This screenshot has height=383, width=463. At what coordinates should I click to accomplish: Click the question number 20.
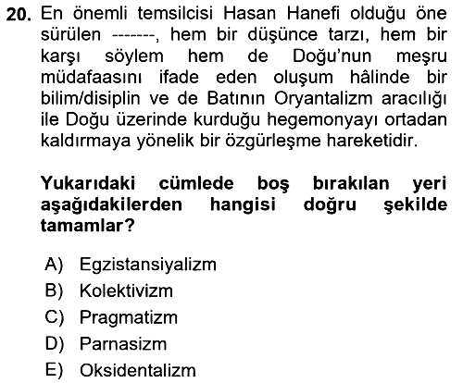click(19, 15)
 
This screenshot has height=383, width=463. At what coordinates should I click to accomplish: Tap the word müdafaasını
click(92, 78)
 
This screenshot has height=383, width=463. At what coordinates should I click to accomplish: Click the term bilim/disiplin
click(91, 99)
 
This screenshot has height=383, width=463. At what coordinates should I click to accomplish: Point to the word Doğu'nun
click(332, 56)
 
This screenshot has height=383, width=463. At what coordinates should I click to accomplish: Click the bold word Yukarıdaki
click(88, 183)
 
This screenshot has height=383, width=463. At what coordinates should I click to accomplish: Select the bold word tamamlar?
click(88, 227)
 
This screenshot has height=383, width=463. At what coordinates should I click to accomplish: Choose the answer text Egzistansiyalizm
click(148, 266)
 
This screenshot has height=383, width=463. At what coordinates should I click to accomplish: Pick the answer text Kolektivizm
click(126, 290)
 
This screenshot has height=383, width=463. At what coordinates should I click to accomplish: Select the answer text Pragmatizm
click(129, 318)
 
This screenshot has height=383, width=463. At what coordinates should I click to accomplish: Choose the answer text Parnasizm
click(123, 344)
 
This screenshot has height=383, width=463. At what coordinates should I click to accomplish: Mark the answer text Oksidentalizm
click(138, 370)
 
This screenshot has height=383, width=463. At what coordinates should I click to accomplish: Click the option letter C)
click(54, 317)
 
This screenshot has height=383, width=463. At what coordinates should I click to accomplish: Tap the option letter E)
click(54, 370)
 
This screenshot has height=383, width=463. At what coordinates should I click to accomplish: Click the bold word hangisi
click(243, 205)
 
